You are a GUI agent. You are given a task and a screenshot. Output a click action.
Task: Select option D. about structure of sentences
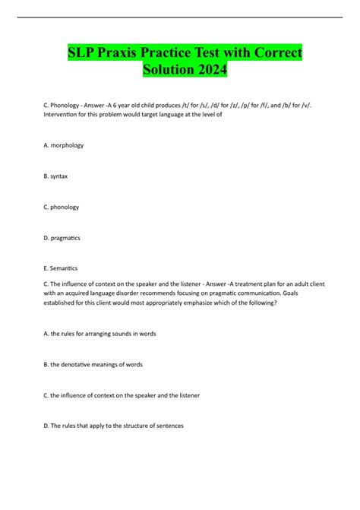tap(115, 425)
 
